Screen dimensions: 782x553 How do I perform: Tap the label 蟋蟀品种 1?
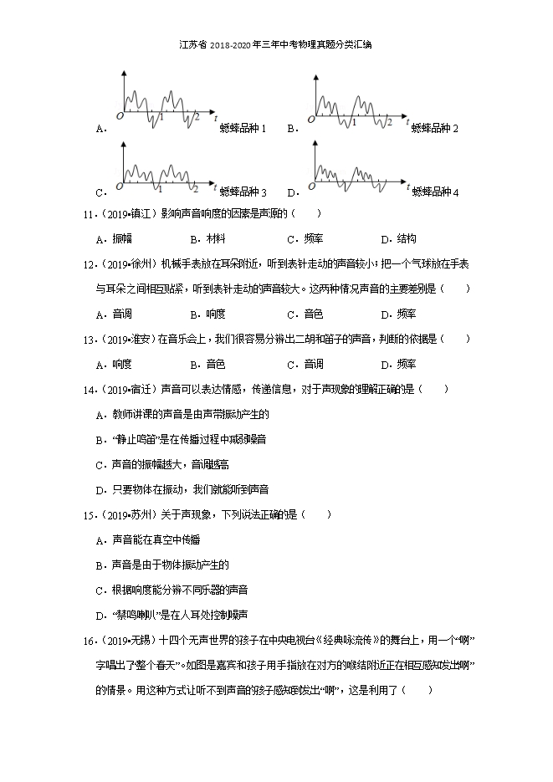[x=243, y=129]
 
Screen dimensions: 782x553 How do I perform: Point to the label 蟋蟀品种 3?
[x=243, y=192]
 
